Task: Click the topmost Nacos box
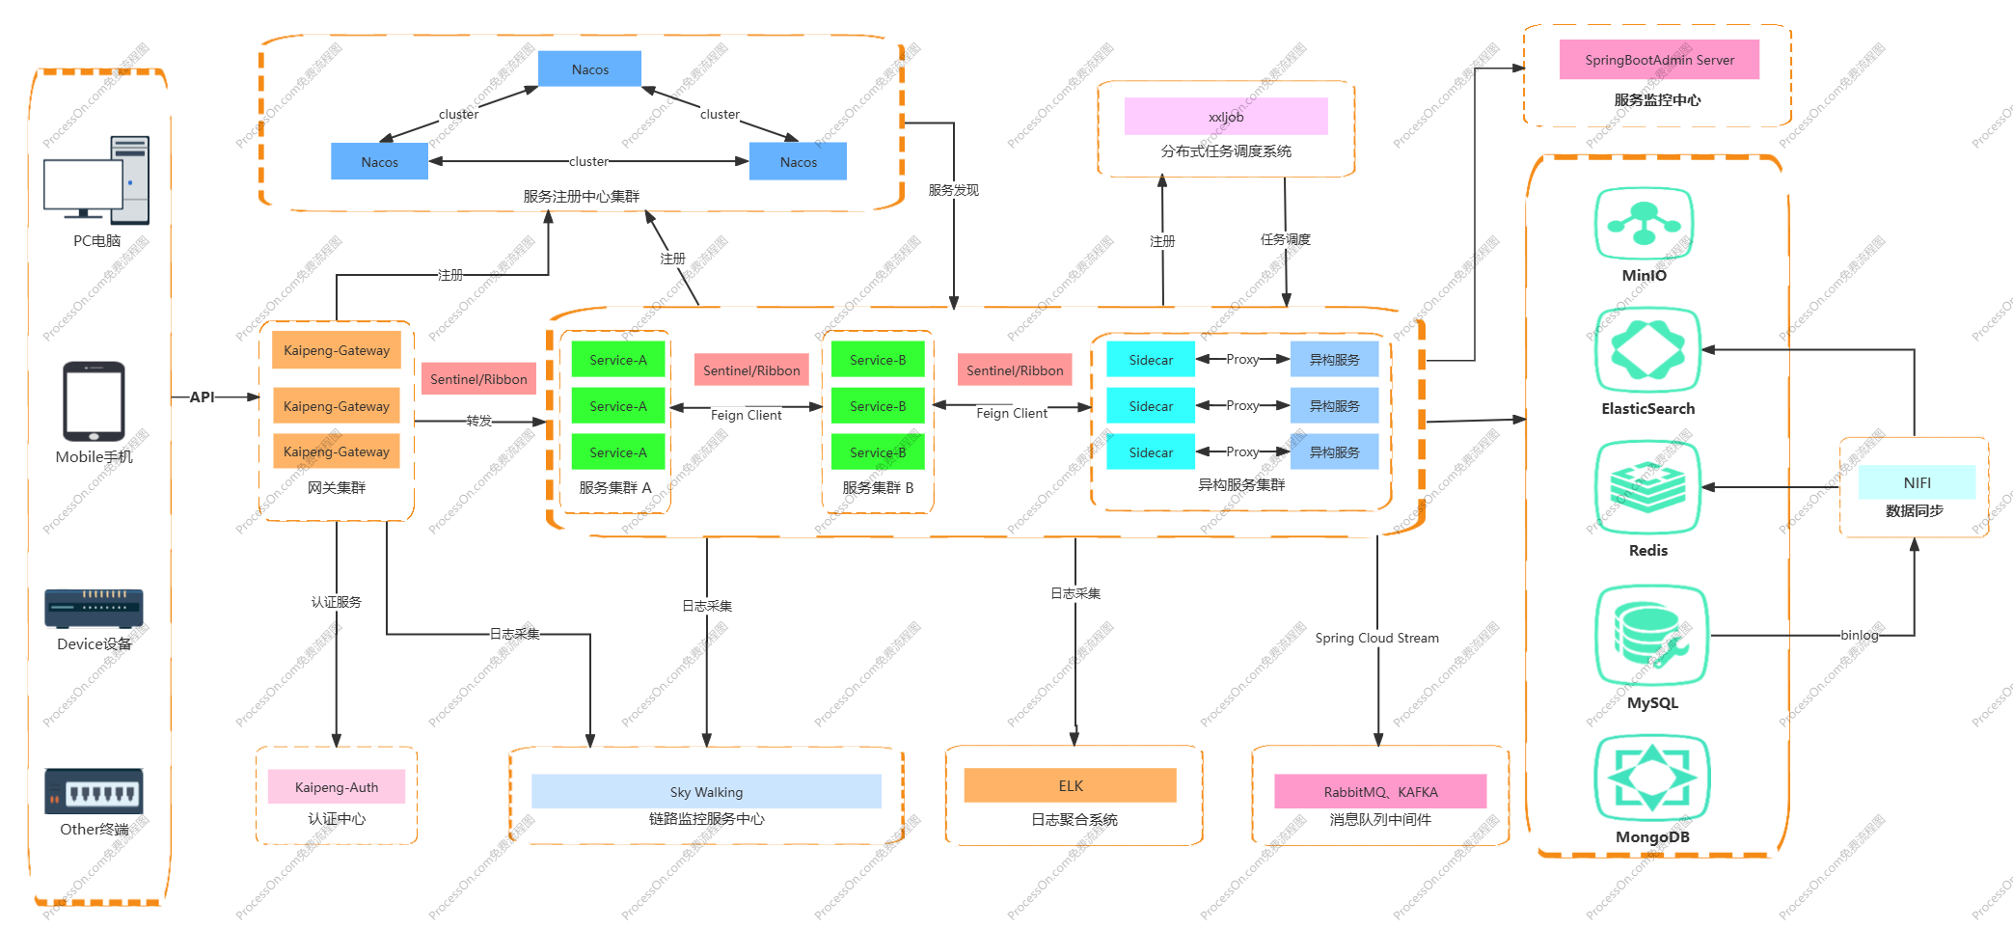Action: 589,69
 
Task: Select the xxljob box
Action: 1225,117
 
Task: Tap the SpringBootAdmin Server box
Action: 1659,60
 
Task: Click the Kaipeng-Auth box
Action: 336,787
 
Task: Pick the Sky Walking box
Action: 706,792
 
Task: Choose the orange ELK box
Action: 1070,785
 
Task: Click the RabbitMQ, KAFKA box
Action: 1379,792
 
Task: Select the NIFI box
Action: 1917,482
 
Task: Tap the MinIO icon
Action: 1644,225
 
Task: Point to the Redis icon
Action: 1647,487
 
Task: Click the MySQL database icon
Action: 1651,635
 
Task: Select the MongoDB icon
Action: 1651,778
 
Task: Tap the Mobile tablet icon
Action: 94,401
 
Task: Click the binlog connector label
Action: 1859,635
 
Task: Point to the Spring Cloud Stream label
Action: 1376,638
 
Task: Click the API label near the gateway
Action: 202,397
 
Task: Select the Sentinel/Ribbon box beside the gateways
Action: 478,379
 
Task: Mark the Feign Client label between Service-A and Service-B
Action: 746,415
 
